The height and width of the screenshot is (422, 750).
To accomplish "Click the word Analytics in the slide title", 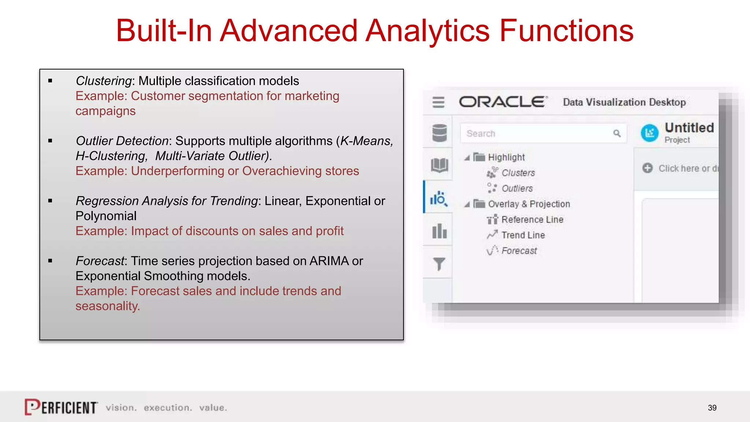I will pos(427,31).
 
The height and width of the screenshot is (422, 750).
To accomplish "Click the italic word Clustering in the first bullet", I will pos(103,81).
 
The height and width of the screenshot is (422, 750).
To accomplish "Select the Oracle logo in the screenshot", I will pos(503,102).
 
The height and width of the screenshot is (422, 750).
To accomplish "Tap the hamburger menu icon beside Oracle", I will pos(438,102).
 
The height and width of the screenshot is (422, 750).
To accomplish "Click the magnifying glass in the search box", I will pos(617,133).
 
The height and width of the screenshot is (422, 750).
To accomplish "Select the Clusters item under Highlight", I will pos(518,173).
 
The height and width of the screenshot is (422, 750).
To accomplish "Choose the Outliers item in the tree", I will pos(517,188).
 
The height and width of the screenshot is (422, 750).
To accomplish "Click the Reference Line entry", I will pos(532,219).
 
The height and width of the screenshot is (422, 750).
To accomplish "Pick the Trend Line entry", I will pos(523,235).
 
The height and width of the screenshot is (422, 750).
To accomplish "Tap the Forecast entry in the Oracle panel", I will pos(519,251).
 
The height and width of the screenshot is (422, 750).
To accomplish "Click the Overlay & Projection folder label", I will pos(529,204).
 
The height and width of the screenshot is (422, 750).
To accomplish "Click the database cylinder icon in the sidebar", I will pos(439,133).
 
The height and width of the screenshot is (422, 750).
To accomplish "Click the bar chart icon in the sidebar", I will pos(439,231).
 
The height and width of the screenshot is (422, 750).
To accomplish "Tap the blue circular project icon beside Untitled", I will pos(650,133).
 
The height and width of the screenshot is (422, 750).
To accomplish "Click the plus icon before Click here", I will pos(647,168).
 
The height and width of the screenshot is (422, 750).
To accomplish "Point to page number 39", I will pos(712,408).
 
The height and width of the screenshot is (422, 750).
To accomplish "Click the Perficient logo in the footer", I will pos(61,407).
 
